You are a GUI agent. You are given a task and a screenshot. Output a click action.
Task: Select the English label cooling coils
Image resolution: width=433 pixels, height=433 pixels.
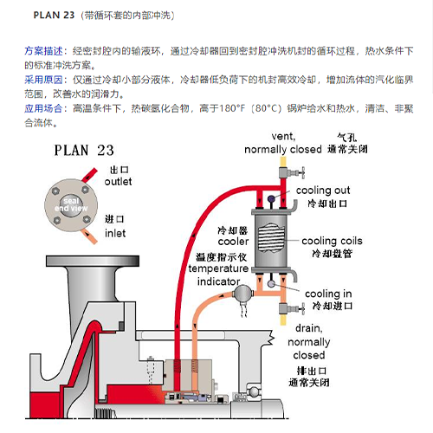[331, 240]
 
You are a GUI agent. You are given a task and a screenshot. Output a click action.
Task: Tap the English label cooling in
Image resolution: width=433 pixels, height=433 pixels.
[327, 294]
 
